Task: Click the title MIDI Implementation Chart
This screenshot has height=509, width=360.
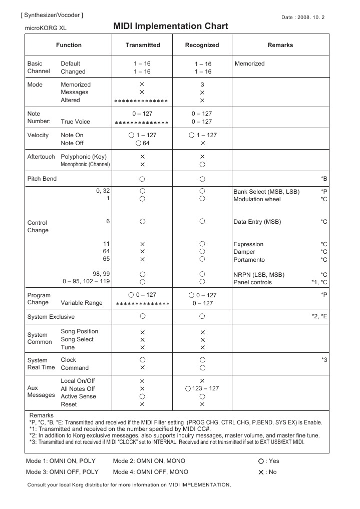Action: pos(171,27)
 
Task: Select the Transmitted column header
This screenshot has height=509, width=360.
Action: pos(143,45)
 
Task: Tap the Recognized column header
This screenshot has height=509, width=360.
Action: pos(202,45)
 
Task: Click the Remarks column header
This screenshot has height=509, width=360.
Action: pos(280,45)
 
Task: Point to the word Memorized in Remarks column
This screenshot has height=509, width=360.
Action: pos(249,64)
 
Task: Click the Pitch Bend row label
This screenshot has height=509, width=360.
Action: pos(42,179)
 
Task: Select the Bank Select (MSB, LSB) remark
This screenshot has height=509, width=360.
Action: pos(266,192)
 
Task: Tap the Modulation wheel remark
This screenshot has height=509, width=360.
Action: pos(257,199)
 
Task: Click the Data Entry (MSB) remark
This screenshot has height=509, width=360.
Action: pos(257,221)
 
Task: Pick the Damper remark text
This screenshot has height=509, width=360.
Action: pos(244,252)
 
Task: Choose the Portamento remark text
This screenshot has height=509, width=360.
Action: pos(249,260)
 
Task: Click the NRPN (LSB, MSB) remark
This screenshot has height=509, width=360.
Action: pos(259,274)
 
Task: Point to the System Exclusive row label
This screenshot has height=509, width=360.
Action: pos(51,317)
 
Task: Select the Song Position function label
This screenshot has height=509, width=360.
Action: pos(80,331)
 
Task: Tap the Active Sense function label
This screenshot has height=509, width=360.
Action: pos(78,396)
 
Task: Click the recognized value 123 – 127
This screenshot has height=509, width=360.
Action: pos(205,388)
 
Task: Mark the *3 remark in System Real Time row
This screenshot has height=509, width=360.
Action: pos(324,360)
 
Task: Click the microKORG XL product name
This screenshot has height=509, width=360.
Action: pos(46,29)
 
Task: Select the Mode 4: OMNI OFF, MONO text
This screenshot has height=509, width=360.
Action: pos(151,472)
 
